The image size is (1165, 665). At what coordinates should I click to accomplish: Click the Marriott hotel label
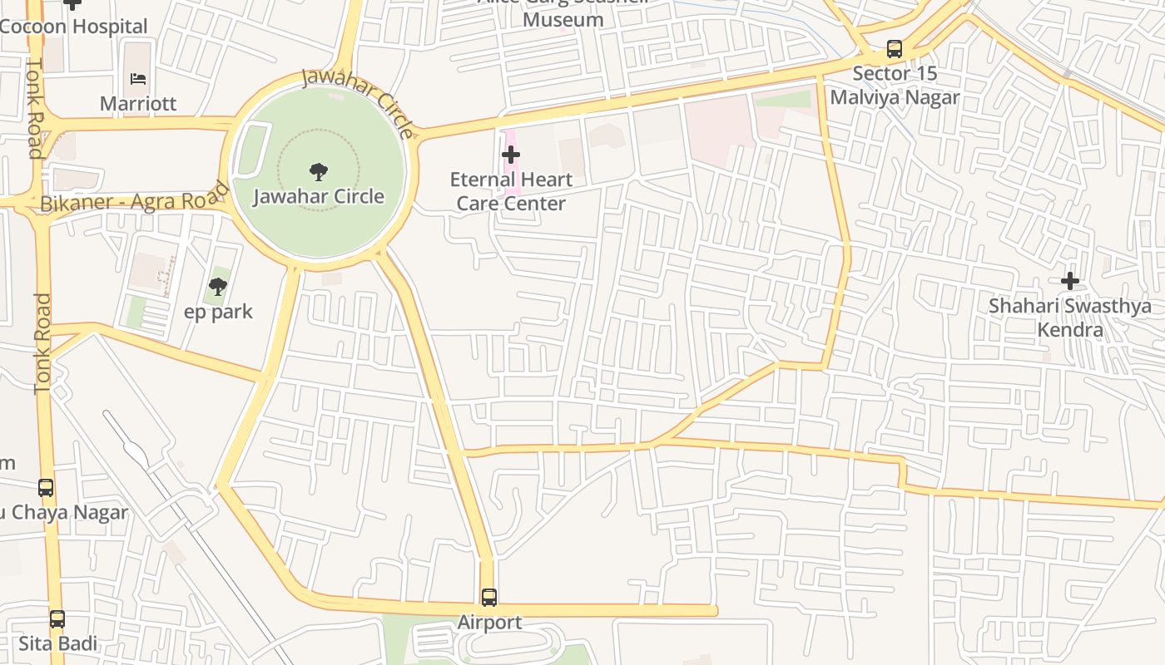pyautogui.click(x=138, y=104)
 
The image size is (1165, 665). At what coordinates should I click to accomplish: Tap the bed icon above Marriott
pyautogui.click(x=138, y=79)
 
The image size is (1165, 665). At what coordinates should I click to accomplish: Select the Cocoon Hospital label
pyautogui.click(x=73, y=27)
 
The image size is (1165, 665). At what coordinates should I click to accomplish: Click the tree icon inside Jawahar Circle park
pyautogui.click(x=318, y=172)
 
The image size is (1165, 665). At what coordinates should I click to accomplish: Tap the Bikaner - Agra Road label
pyautogui.click(x=133, y=199)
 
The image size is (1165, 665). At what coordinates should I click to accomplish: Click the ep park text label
pyautogui.click(x=218, y=312)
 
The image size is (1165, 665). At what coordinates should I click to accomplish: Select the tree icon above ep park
pyautogui.click(x=218, y=287)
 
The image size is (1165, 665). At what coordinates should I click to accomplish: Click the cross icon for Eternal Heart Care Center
pyautogui.click(x=511, y=155)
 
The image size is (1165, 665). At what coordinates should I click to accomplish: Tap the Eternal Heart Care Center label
pyautogui.click(x=511, y=191)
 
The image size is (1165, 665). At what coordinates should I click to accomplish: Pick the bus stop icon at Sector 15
pyautogui.click(x=895, y=49)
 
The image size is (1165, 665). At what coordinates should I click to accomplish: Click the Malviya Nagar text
pyautogui.click(x=895, y=97)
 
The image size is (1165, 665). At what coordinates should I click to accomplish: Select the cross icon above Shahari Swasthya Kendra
pyautogui.click(x=1069, y=281)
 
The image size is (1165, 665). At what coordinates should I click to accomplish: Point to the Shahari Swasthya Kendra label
pyautogui.click(x=1069, y=318)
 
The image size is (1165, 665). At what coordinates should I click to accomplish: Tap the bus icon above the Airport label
pyautogui.click(x=489, y=597)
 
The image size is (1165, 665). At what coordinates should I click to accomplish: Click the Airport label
pyautogui.click(x=489, y=622)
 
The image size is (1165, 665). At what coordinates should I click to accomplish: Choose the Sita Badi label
pyautogui.click(x=57, y=643)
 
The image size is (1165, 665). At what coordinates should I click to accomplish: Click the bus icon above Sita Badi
pyautogui.click(x=57, y=619)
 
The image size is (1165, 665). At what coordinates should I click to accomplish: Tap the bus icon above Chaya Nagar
pyautogui.click(x=46, y=488)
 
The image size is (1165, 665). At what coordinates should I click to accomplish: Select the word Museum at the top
pyautogui.click(x=563, y=19)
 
